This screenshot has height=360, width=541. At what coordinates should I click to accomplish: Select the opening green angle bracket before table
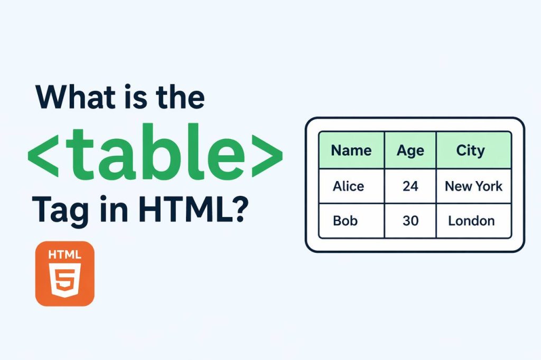[x=42, y=155]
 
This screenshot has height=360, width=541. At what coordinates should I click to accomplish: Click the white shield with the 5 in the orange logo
[x=64, y=282]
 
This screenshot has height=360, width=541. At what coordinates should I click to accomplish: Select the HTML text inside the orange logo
[x=64, y=254]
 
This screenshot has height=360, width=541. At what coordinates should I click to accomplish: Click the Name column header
[x=351, y=150]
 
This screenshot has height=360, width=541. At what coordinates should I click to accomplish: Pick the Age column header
[x=410, y=150]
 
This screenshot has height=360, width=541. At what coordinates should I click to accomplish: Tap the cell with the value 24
[x=410, y=186]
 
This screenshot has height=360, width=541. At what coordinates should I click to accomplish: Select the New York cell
[x=473, y=186]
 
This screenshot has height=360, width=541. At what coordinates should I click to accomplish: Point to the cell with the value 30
[x=410, y=220]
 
